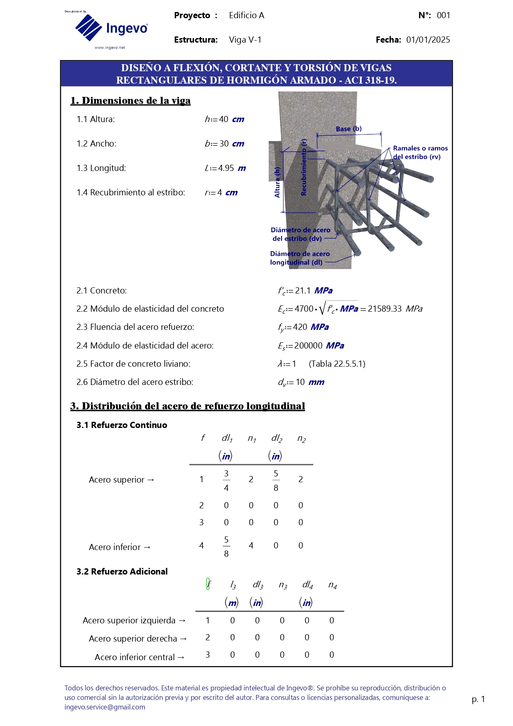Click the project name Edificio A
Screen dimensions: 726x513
tap(246, 15)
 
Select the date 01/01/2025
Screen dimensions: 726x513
tap(428, 40)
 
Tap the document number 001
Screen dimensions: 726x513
tap(443, 15)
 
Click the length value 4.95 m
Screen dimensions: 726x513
tap(231, 168)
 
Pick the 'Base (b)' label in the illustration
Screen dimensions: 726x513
tap(348, 129)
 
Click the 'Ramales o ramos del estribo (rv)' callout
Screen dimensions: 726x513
tap(420, 152)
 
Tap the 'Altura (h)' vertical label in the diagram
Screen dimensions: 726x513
tap(277, 182)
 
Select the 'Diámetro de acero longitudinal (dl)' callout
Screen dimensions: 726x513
tap(300, 258)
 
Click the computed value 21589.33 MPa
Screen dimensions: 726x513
tap(395, 309)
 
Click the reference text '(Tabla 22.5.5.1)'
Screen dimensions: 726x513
tap(337, 364)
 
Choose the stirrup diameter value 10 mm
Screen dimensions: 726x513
tap(310, 382)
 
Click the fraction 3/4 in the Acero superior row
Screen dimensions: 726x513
tap(226, 480)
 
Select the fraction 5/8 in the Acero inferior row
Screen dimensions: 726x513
tap(226, 546)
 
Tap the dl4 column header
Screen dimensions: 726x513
tap(308, 584)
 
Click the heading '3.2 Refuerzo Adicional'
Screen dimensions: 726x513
tap(122, 572)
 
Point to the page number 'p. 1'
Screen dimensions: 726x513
tap(478, 699)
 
